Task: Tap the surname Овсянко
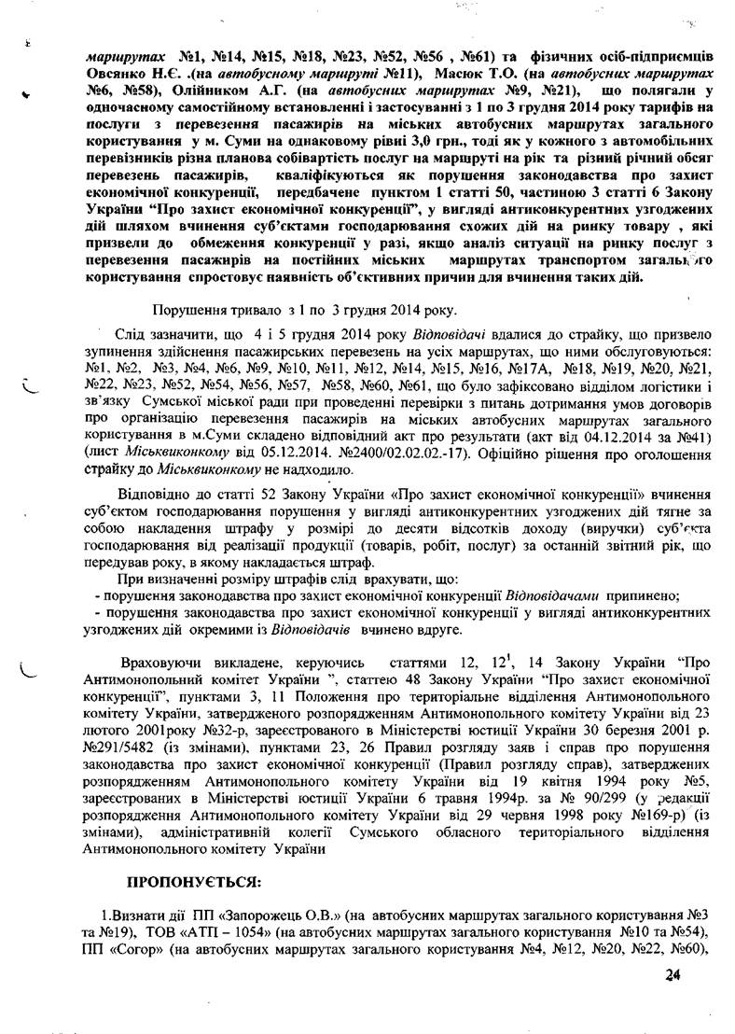(x=115, y=72)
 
